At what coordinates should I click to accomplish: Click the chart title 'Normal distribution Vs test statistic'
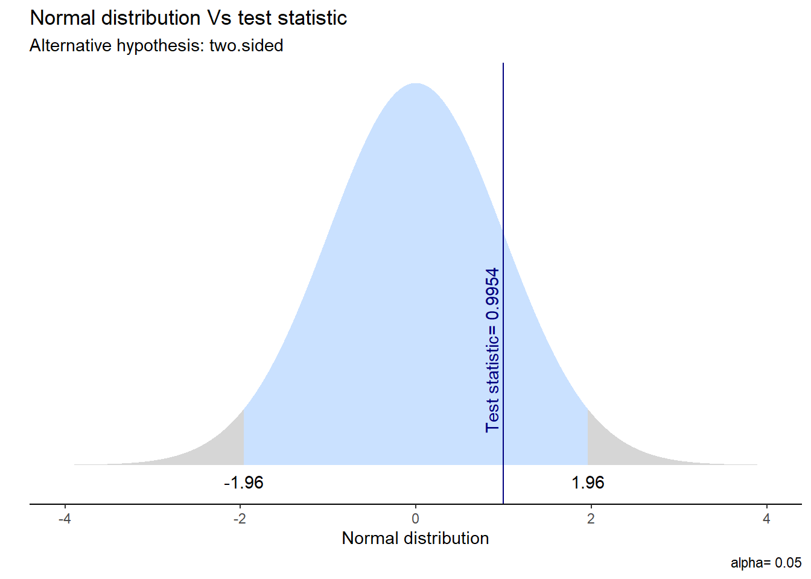pos(188,18)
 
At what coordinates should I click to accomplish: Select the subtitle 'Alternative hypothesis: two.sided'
pos(156,46)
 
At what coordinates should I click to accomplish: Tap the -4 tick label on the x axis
pos(64,519)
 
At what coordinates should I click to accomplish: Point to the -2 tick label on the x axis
pos(240,519)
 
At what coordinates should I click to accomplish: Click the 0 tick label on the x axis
pos(415,519)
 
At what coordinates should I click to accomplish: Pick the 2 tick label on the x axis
pos(591,519)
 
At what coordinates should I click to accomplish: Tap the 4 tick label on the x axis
pos(766,519)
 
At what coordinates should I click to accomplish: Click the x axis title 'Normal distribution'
pos(415,538)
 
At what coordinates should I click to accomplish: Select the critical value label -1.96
pos(243,483)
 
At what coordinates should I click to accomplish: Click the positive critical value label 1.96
pos(588,483)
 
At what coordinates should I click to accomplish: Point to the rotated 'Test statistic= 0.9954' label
pos(492,350)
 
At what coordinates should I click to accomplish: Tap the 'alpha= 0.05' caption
pos(766,563)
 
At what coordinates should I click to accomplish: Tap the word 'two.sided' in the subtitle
pos(246,46)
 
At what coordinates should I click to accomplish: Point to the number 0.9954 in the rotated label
pos(492,294)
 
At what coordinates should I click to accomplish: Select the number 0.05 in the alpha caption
pos(788,563)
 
